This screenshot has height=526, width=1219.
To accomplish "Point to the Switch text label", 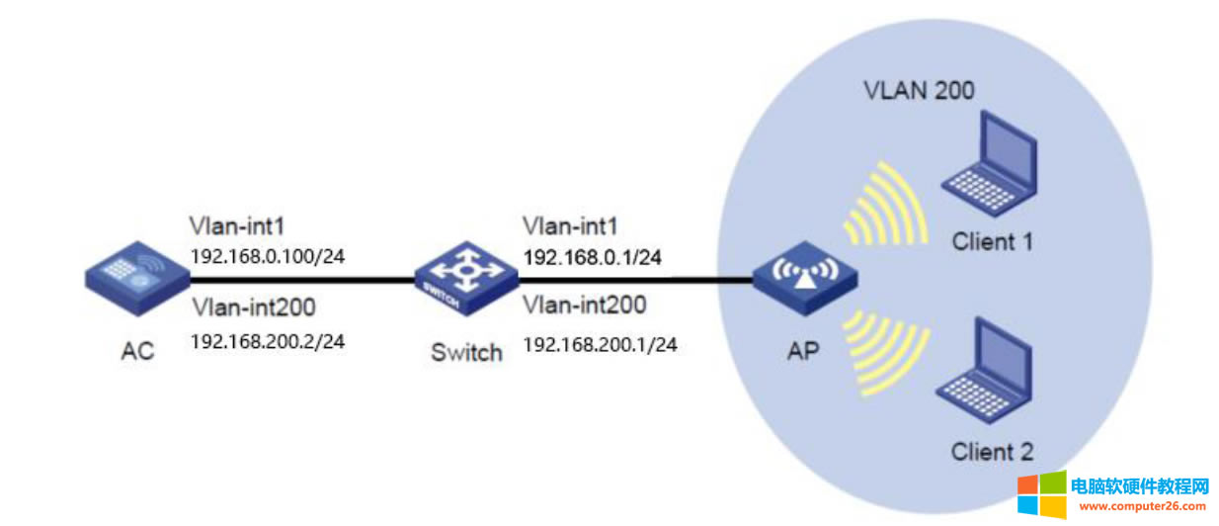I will click(466, 352).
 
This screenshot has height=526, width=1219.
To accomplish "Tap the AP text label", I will click(804, 351).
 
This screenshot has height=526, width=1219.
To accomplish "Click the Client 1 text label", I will click(993, 240).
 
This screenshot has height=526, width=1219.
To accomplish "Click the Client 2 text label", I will click(992, 452).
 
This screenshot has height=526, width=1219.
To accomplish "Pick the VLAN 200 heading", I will click(919, 91).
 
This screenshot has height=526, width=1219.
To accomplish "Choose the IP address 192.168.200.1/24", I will click(599, 344).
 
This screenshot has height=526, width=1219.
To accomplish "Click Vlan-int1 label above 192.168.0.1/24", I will click(570, 226).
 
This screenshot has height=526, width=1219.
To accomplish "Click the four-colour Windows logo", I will click(1041, 493).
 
